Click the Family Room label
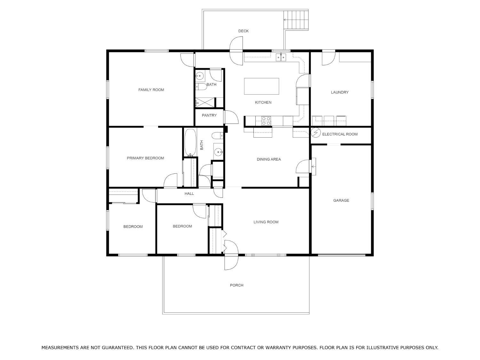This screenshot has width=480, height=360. tap(151, 90)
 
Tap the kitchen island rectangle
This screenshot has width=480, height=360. tap(261, 86)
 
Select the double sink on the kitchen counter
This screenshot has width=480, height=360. tap(281, 57)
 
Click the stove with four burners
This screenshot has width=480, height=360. tap(266, 121)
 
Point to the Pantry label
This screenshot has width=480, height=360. tap(209, 116)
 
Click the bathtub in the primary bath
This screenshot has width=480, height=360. tap(190, 142)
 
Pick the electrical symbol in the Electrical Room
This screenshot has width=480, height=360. tap(316, 132)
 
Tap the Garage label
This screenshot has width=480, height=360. tap(341, 200)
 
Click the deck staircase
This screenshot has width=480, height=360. tap(296, 20)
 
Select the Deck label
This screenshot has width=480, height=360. tap(244, 31)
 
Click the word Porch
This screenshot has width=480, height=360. tap(236, 285)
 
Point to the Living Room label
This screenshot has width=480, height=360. tap(266, 222)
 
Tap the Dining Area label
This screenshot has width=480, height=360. tap(269, 159)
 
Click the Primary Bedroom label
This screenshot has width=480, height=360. tap(145, 158)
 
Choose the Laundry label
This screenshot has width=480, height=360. tap(340, 92)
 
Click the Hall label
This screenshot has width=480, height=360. tap(189, 194)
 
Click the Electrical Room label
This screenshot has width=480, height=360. tap(340, 134)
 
